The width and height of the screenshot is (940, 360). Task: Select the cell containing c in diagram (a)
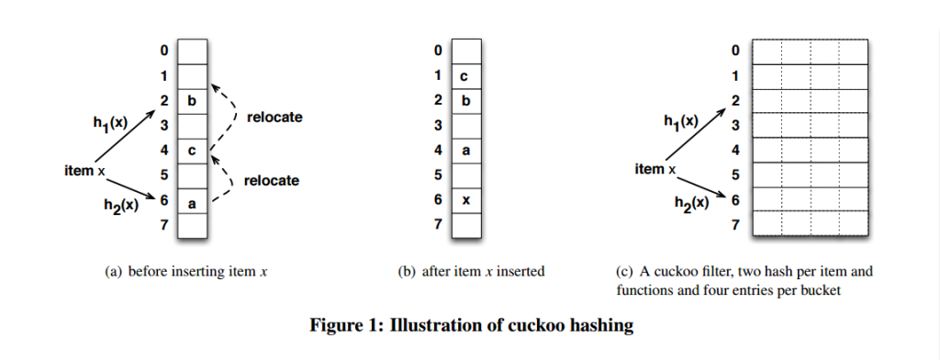pyautogui.click(x=192, y=150)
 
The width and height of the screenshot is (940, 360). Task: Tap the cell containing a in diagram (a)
pyautogui.click(x=192, y=200)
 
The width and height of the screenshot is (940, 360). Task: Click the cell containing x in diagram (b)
pyautogui.click(x=466, y=200)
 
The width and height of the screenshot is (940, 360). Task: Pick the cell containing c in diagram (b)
pyautogui.click(x=466, y=75)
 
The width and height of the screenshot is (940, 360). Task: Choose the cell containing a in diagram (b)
pyautogui.click(x=466, y=150)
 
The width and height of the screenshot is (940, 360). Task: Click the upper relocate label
pyautogui.click(x=274, y=118)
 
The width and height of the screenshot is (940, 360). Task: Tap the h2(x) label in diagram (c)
pyautogui.click(x=689, y=205)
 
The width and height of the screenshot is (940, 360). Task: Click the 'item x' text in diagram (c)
pyautogui.click(x=655, y=169)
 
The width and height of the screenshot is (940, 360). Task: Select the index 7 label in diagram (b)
pyautogui.click(x=438, y=224)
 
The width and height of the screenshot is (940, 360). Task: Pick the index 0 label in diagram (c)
pyautogui.click(x=735, y=51)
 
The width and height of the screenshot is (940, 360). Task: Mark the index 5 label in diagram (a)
pyautogui.click(x=162, y=174)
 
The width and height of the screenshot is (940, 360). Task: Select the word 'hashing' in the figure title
pyautogui.click(x=599, y=324)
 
